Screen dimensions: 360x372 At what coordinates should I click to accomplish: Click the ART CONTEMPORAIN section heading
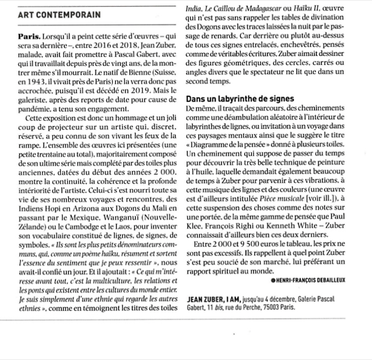coord(59,15)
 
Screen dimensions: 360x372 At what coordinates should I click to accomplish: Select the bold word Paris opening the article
coord(29,37)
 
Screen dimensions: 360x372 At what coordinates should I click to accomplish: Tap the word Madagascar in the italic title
coord(260,8)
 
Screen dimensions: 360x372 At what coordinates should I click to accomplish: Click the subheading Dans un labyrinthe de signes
coord(240,99)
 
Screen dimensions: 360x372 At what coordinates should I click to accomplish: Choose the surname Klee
coord(193,226)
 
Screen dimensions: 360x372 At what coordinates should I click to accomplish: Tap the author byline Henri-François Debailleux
coord(311,280)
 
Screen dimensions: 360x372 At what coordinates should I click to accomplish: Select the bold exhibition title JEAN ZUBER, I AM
coord(214,299)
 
